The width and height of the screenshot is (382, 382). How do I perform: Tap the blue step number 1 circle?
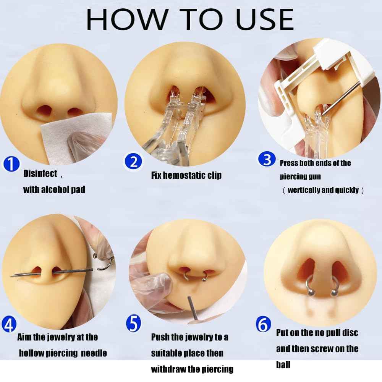coord(11,164)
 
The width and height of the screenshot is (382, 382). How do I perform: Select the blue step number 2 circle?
coord(133,161)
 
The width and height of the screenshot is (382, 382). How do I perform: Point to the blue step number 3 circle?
coord(267,159)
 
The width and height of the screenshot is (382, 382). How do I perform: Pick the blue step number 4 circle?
coord(9,325)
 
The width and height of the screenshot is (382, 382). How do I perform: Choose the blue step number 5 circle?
coord(133,323)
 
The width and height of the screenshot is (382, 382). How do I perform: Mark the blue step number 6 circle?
coord(263,324)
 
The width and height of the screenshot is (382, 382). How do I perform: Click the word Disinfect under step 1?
coord(40,174)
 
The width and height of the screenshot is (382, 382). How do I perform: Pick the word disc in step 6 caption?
coord(350,333)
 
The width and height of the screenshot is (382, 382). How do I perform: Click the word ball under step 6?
coord(283,365)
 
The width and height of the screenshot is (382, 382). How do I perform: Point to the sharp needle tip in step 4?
coord(10,276)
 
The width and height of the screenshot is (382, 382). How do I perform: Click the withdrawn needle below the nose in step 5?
coord(193,308)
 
